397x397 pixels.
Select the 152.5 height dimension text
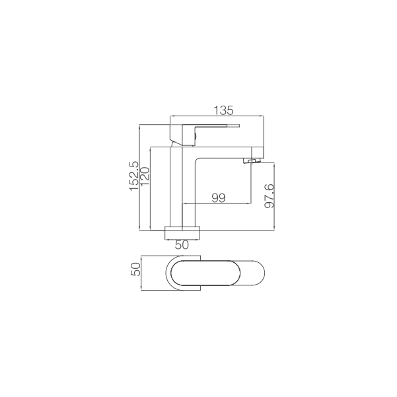134,176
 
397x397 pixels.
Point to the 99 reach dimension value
219,198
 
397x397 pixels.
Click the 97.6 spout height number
269,196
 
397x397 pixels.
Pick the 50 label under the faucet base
182,244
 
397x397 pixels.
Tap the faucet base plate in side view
182,232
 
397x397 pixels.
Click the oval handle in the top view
201,273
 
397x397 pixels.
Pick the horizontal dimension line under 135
218,116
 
